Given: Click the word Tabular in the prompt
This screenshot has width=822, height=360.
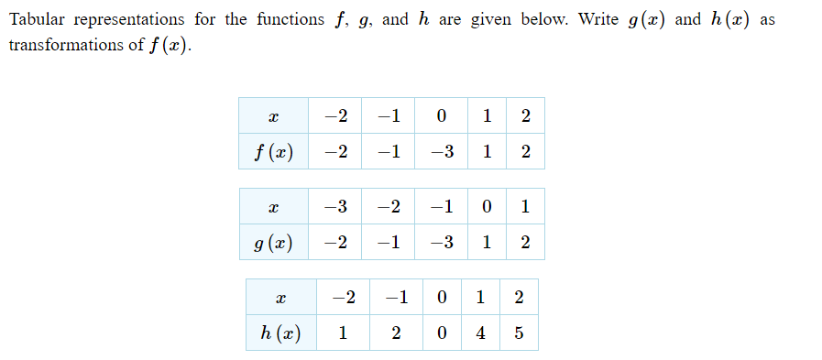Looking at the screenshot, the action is click(36, 20).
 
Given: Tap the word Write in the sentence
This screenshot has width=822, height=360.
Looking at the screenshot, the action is click(598, 20).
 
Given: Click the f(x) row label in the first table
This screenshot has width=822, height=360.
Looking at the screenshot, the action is click(273, 152).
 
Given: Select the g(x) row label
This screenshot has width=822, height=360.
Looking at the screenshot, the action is click(273, 243).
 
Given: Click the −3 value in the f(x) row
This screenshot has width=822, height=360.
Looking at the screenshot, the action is click(444, 152).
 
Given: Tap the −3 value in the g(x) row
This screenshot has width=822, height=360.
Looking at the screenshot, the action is click(444, 243).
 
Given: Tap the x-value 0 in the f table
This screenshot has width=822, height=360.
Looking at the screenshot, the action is click(442, 116).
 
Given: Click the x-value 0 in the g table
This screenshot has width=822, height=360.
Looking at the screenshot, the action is click(487, 206).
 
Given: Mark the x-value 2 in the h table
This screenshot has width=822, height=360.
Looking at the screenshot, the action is click(520, 298).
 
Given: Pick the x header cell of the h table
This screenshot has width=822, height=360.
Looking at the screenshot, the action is click(281, 298).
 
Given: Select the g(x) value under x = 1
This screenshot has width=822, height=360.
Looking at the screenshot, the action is click(524, 243).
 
